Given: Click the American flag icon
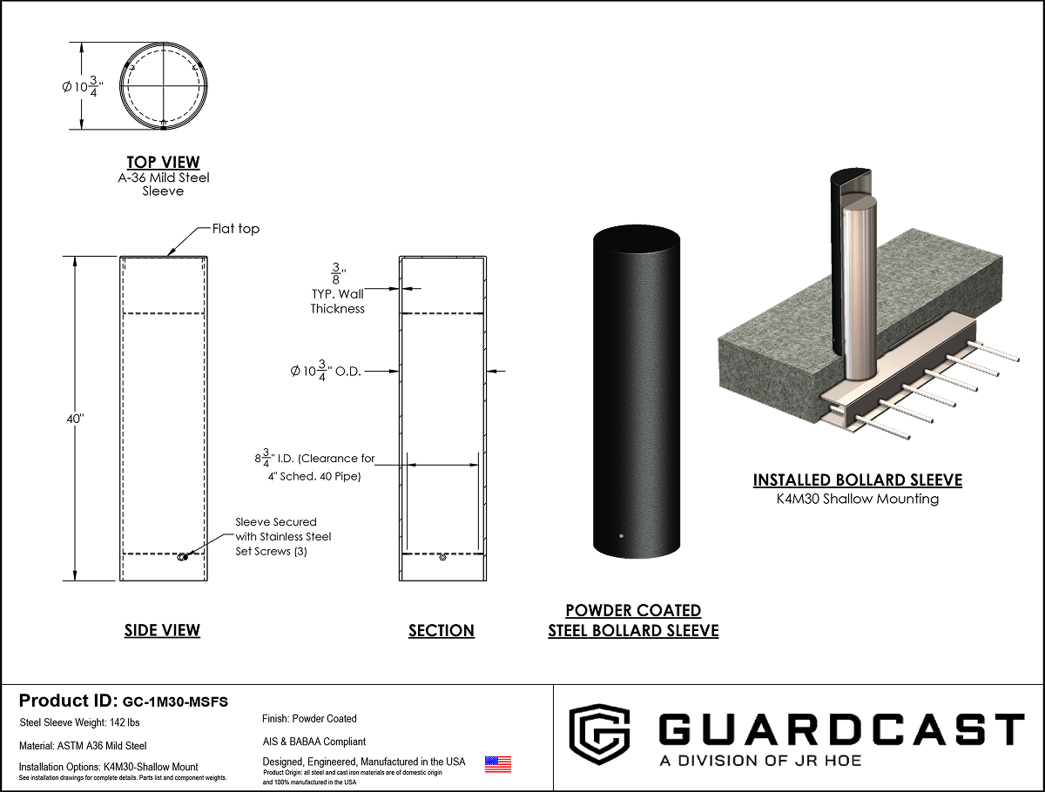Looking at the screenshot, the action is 498,764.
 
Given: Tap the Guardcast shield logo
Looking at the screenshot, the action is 599,734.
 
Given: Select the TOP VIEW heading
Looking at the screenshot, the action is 164,162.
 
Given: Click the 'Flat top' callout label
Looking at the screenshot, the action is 236,229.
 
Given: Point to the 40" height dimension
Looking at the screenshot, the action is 75,419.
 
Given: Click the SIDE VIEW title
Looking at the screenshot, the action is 162,630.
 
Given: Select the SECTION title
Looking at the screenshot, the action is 442,631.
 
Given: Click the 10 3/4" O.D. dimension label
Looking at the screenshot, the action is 326,371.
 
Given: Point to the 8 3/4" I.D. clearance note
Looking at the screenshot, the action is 314,466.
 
